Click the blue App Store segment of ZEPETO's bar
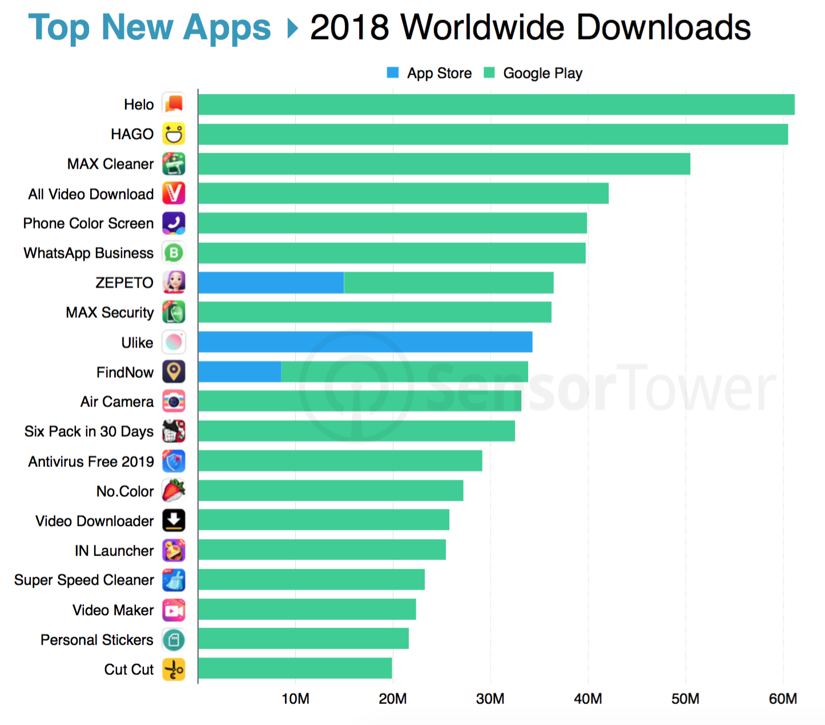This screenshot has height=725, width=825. coord(271,283)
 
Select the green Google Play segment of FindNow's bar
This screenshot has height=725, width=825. coord(404,372)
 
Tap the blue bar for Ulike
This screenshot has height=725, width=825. coord(365,342)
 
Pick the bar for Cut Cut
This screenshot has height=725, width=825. coord(295,668)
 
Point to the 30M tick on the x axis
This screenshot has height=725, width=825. coord(490,699)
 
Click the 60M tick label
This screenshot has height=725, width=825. coord(783,699)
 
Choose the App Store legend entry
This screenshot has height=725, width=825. coord(429,73)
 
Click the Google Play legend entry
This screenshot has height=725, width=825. coord(533,73)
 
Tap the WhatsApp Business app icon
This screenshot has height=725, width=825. coord(174,253)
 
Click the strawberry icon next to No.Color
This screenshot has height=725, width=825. coord(174,491)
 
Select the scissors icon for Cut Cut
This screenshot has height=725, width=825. coord(174,669)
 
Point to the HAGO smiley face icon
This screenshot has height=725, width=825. coord(174,134)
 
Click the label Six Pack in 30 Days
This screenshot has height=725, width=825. coord(89,432)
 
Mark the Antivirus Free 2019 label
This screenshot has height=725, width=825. coord(91,461)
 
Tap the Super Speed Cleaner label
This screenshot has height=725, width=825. coord(84,580)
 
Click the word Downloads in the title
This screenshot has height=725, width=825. coord(663,27)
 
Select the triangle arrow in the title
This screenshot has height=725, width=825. coord(292,28)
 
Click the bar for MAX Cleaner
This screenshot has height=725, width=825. coord(444,164)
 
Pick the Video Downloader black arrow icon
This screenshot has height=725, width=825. coord(174,521)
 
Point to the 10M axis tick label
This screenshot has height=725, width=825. coord(295,699)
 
